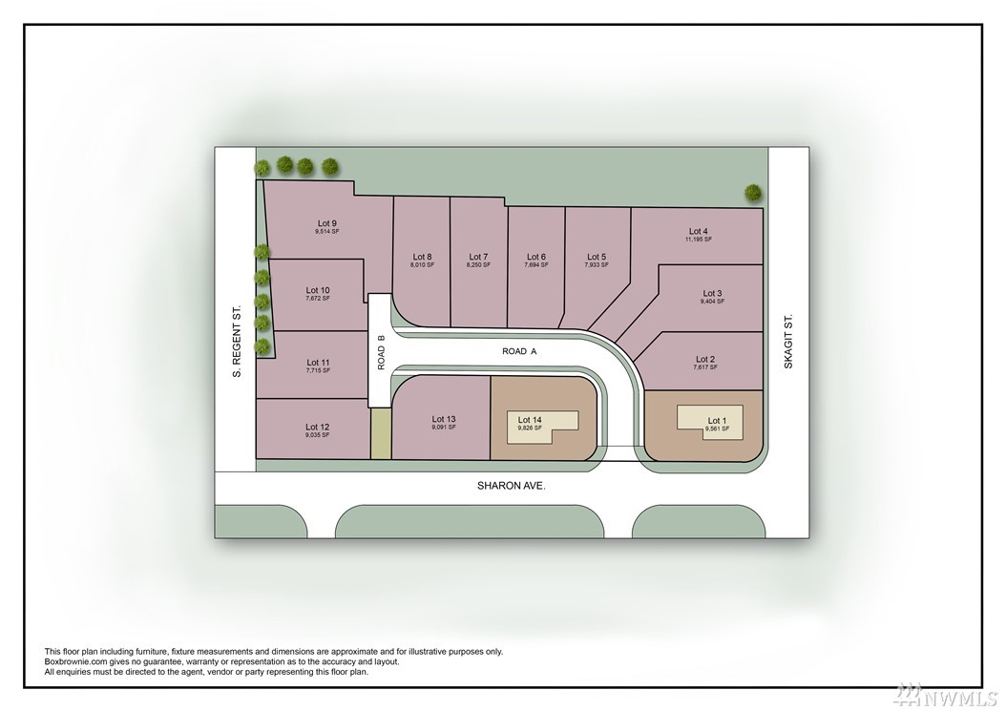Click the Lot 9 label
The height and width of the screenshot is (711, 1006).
point(327,223)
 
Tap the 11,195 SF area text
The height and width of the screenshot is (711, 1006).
point(698,240)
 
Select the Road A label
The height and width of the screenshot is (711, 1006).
point(519,351)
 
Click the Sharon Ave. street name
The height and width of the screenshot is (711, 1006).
point(511,486)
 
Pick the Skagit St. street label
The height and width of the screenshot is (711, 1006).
point(788,341)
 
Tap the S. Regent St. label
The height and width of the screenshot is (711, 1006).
point(237,341)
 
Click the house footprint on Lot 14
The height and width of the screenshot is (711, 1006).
point(543,426)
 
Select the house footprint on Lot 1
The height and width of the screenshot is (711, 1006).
point(710,422)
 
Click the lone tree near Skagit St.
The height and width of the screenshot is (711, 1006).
point(753,192)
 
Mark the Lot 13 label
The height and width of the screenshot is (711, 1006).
point(443,419)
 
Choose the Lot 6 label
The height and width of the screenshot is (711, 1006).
point(536,257)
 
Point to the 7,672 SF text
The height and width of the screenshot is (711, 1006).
point(318,299)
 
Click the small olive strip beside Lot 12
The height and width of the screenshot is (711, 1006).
point(381,433)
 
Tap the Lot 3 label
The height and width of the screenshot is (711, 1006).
point(712,293)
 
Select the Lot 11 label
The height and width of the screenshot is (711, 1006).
point(318,363)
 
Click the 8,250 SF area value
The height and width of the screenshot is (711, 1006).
point(478,265)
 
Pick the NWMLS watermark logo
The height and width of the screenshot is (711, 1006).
point(946,695)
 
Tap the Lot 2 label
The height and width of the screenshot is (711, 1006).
point(705,360)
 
